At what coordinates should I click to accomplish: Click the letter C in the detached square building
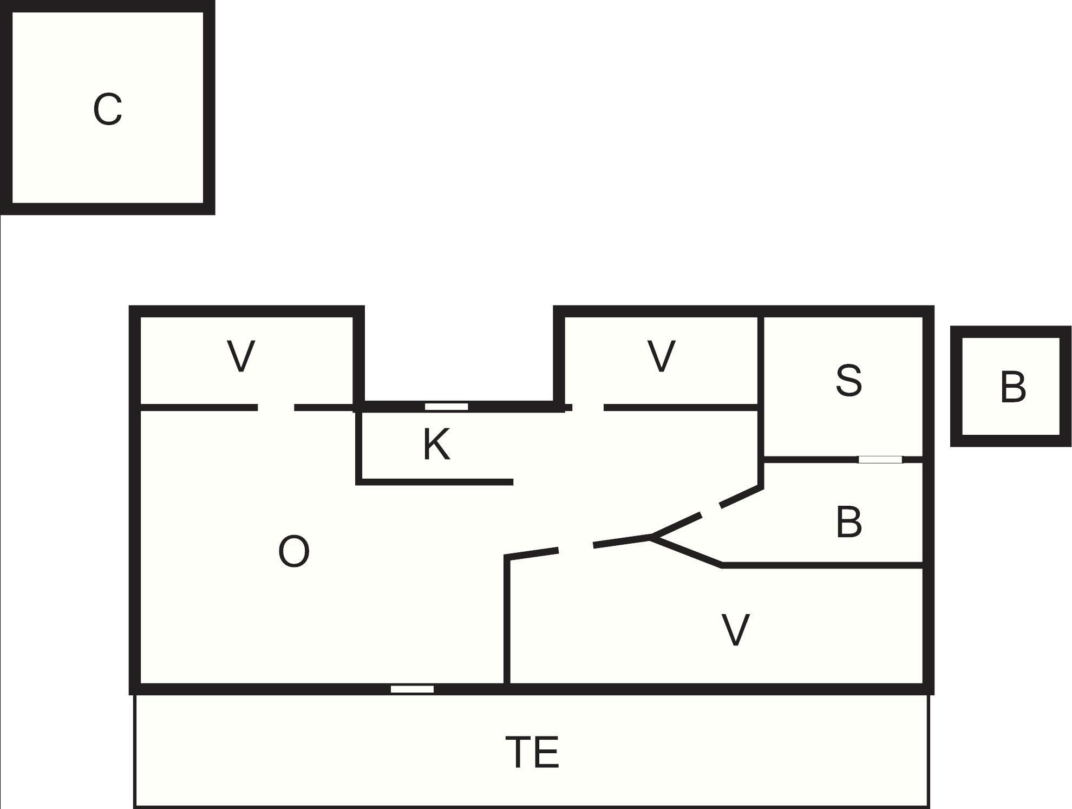(107, 109)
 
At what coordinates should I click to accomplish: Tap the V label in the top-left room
(241, 356)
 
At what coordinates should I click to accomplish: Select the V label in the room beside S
(661, 356)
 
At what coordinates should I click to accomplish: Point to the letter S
(848, 380)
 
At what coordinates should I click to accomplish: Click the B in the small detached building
(1013, 387)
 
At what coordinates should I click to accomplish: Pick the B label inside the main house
(848, 522)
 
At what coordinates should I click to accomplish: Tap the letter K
(436, 444)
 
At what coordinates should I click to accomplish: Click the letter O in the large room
(294, 551)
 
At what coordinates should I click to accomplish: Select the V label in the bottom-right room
(736, 630)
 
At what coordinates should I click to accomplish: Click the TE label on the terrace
(532, 752)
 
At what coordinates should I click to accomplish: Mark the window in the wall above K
(446, 407)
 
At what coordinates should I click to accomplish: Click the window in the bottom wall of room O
(412, 689)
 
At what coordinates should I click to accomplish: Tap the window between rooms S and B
(881, 460)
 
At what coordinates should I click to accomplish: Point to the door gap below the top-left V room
(276, 407)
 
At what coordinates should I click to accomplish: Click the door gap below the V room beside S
(588, 407)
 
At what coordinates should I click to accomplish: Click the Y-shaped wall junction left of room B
(651, 537)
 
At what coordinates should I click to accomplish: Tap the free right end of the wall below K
(512, 482)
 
